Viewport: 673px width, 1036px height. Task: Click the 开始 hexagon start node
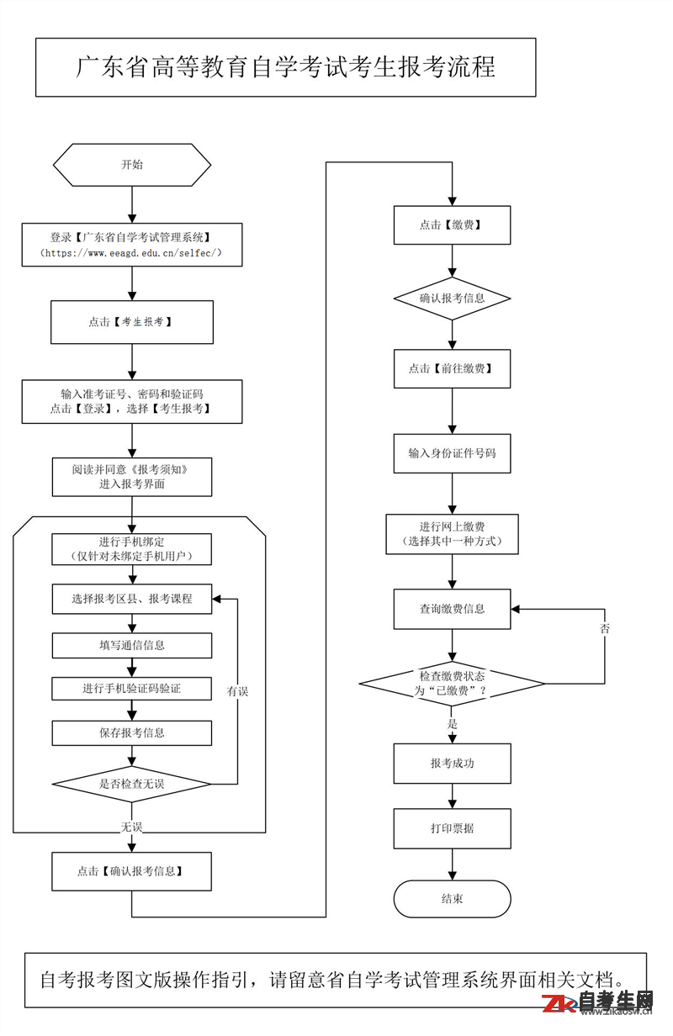click(x=132, y=165)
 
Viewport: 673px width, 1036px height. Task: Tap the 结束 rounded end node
click(x=452, y=899)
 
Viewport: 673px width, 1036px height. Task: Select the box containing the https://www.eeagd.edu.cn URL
click(x=132, y=245)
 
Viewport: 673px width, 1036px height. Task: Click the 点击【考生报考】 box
click(x=132, y=322)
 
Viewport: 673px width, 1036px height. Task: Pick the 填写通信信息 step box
click(x=132, y=645)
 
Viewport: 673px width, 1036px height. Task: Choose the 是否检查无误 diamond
click(x=132, y=784)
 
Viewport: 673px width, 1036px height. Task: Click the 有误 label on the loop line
click(x=237, y=691)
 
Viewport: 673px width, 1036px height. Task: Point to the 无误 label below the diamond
click(x=131, y=827)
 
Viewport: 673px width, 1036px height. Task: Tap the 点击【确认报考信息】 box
click(x=131, y=871)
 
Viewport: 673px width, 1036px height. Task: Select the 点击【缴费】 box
click(x=452, y=225)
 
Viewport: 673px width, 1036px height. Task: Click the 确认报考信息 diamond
click(x=452, y=299)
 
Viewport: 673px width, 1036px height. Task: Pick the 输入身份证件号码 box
click(x=452, y=453)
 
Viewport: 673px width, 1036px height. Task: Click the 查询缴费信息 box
click(x=452, y=609)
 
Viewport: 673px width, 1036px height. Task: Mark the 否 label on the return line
click(x=605, y=628)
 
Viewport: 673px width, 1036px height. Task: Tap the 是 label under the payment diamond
click(x=452, y=724)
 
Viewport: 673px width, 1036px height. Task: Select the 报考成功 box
click(x=452, y=764)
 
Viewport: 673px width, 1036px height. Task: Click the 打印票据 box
click(x=452, y=828)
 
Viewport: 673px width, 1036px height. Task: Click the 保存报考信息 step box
click(x=132, y=732)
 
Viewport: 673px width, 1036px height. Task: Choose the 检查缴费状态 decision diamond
click(x=452, y=684)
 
